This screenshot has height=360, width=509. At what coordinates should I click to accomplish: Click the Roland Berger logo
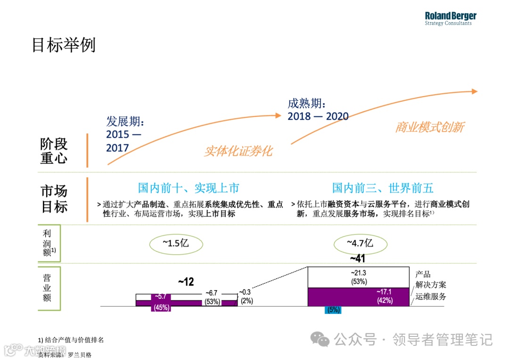[450, 18]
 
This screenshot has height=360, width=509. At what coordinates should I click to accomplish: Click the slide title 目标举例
[64, 45]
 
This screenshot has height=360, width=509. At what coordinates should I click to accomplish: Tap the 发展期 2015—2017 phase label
[125, 135]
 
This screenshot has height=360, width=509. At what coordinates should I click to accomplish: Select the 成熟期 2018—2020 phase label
[318, 110]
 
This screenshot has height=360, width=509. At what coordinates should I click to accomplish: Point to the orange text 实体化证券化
[238, 151]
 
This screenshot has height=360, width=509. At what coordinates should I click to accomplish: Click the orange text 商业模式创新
[429, 127]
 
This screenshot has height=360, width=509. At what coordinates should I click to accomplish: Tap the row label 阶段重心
[54, 151]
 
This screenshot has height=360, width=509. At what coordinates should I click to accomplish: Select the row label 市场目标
[54, 199]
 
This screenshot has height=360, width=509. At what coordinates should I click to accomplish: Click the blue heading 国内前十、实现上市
[189, 188]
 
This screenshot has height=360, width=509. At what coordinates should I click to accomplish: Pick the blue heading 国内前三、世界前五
[383, 188]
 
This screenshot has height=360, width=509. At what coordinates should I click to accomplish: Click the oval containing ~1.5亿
[176, 244]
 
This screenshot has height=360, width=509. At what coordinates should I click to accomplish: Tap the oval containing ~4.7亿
[360, 244]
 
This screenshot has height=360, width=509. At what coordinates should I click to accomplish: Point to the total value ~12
[186, 282]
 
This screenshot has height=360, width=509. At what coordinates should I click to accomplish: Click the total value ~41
[357, 258]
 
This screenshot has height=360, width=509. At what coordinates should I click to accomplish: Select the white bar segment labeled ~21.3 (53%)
[358, 277]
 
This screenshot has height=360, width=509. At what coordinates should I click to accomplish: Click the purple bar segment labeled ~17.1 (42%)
[358, 297]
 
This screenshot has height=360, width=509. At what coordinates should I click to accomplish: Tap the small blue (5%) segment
[333, 310]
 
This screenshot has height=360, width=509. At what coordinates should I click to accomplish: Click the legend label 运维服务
[431, 297]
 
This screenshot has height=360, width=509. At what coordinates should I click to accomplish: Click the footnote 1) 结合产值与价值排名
[71, 340]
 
